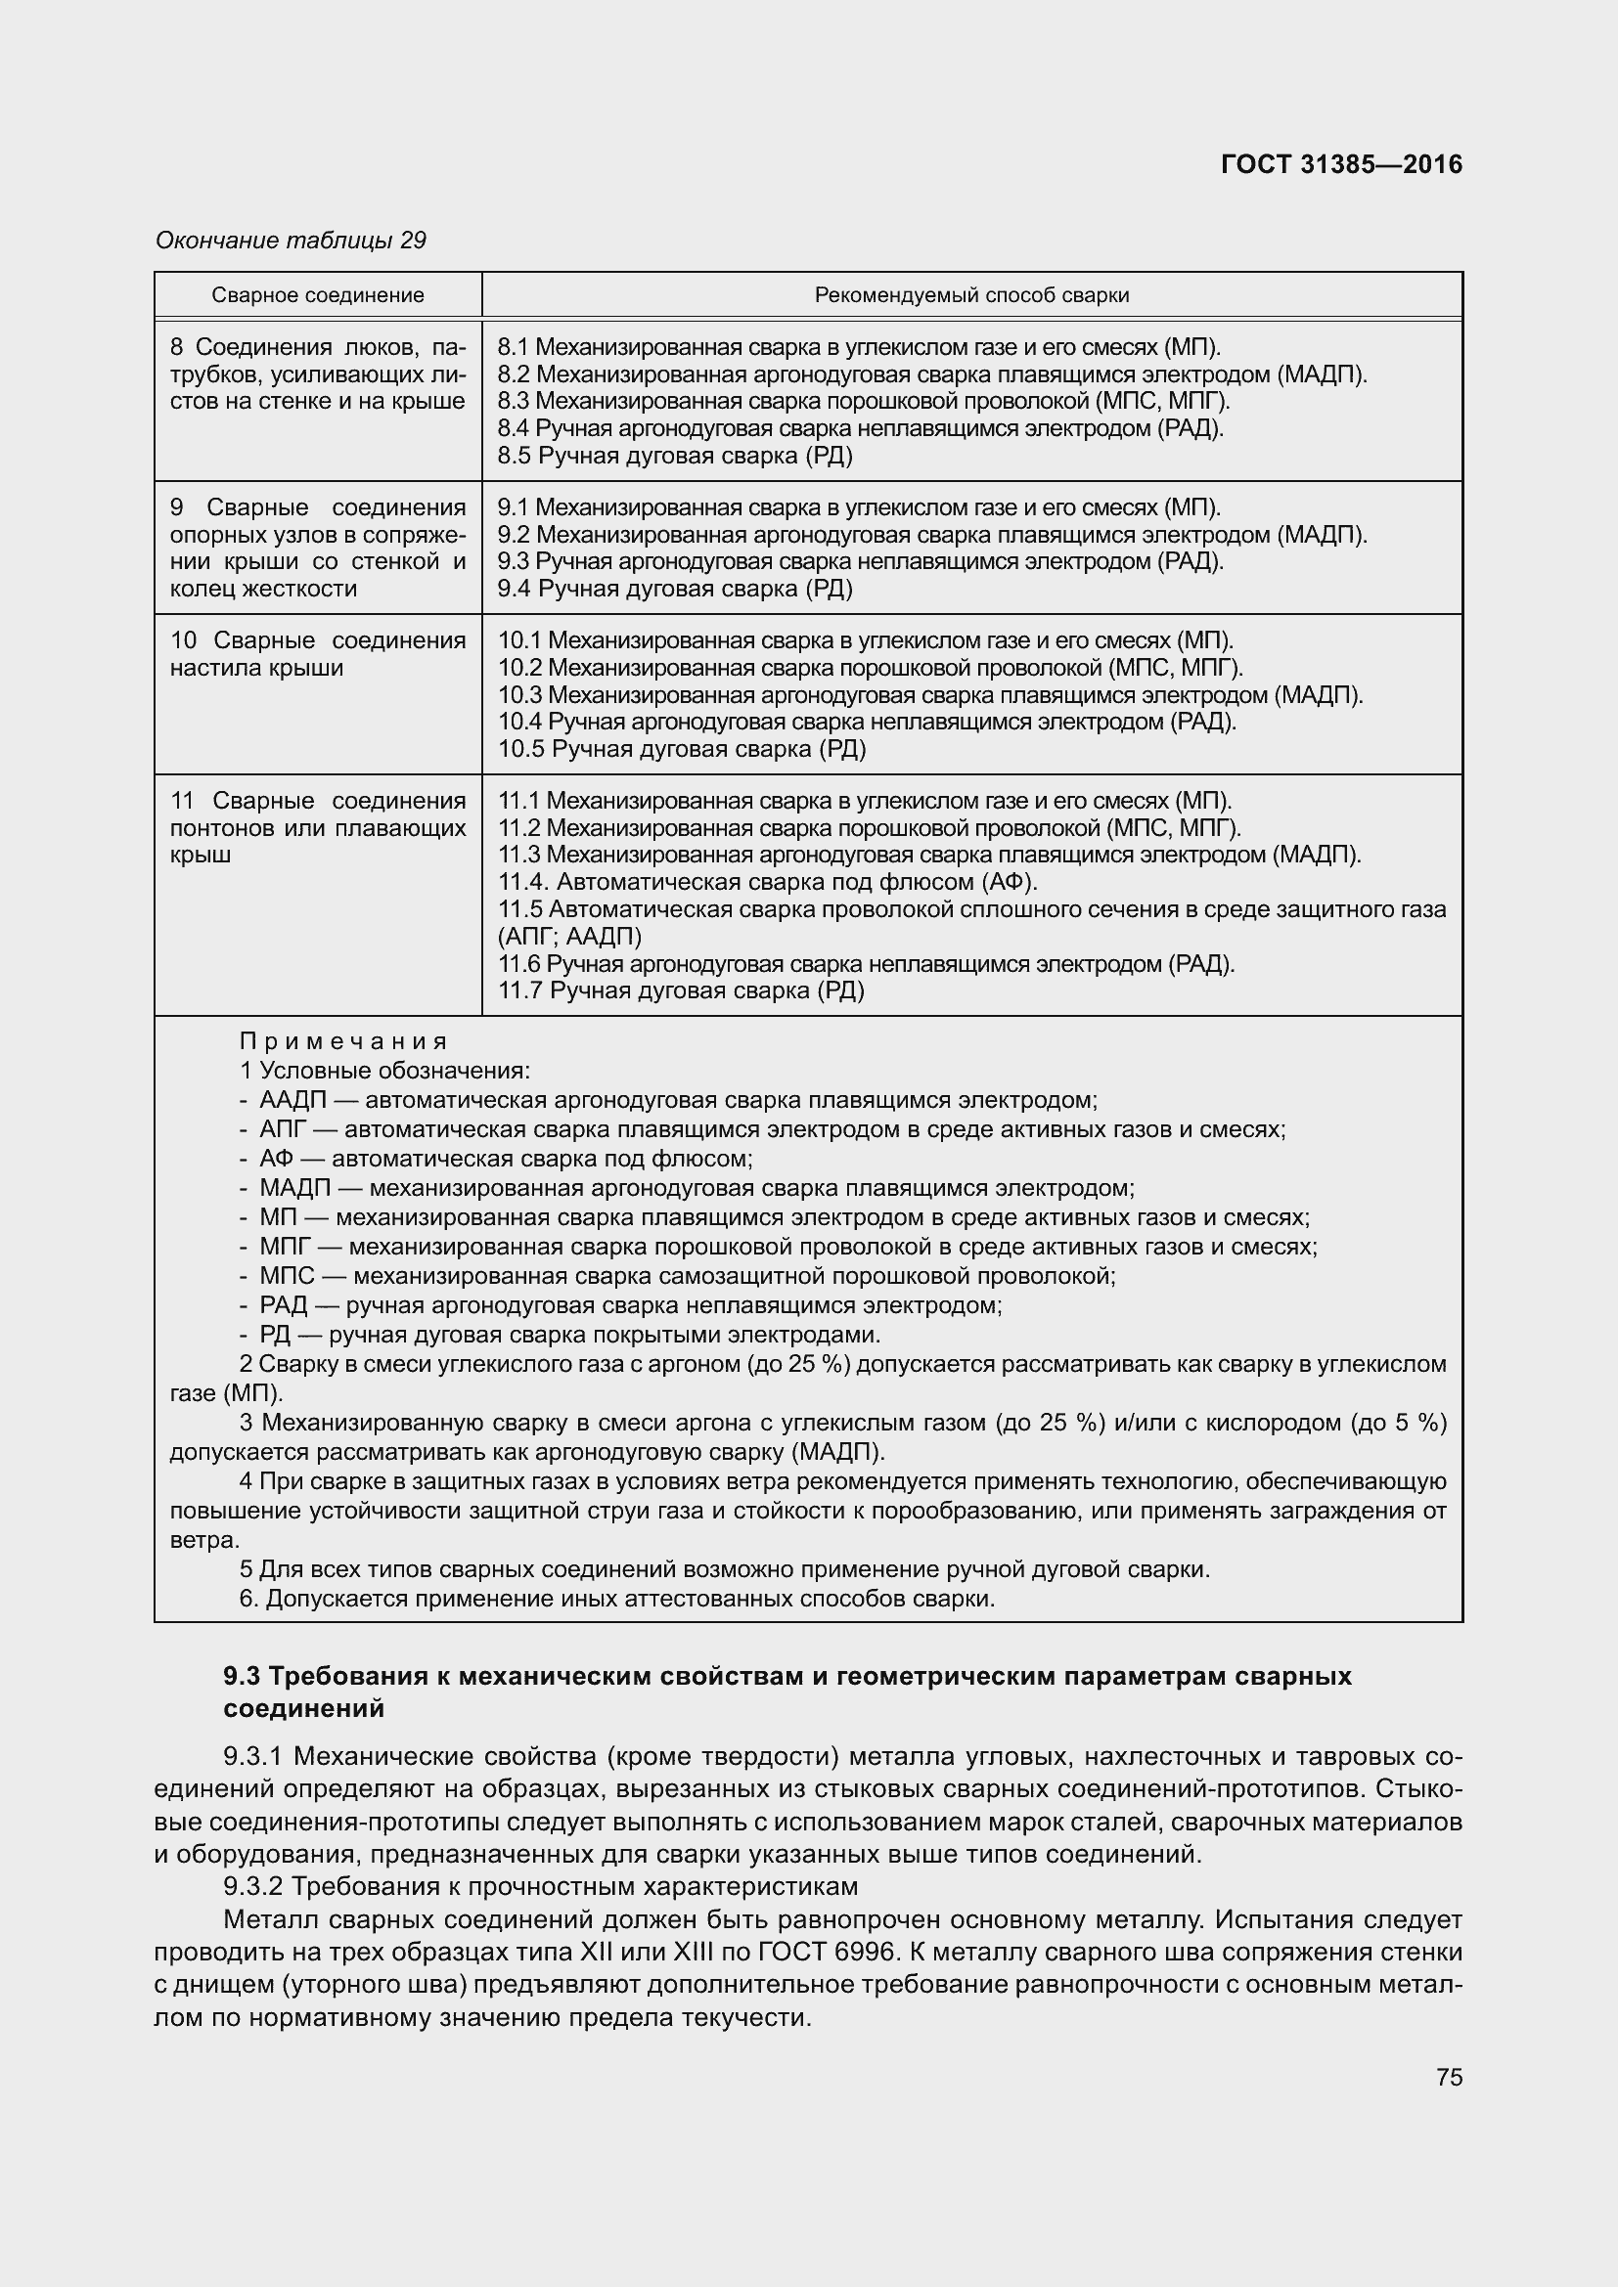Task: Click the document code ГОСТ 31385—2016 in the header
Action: click(1341, 164)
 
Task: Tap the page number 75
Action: click(1449, 2077)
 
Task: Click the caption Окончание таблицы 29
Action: click(291, 241)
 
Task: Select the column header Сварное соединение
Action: click(318, 295)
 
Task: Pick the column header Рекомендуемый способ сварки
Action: click(971, 295)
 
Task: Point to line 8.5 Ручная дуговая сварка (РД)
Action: click(676, 456)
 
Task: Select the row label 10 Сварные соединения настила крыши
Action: click(318, 653)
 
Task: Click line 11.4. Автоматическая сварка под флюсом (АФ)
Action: click(767, 882)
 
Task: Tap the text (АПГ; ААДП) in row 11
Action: click(569, 937)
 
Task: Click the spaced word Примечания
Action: click(343, 1042)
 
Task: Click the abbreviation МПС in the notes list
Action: click(287, 1276)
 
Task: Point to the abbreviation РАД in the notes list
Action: click(284, 1305)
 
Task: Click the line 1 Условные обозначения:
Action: click(384, 1071)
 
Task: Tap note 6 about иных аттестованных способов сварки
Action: click(617, 1599)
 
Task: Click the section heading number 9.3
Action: click(244, 1677)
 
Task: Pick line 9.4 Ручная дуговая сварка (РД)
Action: click(676, 588)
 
